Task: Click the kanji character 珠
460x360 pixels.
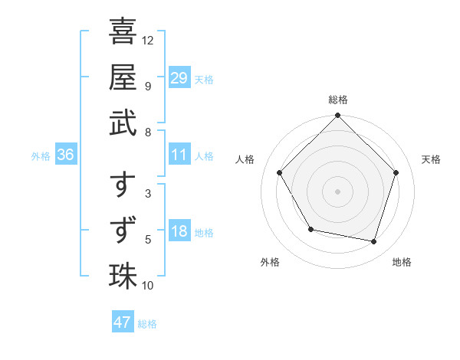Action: tap(123, 276)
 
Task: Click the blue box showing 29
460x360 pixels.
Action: tap(179, 78)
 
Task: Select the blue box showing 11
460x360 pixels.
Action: tap(179, 155)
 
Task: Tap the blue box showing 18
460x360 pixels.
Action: tap(179, 231)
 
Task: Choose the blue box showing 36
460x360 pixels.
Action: tap(66, 155)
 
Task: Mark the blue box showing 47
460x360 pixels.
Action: tap(123, 322)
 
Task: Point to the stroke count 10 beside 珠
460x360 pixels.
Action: tap(148, 286)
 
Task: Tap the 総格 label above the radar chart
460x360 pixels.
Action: tap(337, 100)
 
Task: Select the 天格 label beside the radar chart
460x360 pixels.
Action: tap(432, 159)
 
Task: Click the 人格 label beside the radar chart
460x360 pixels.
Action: tap(245, 159)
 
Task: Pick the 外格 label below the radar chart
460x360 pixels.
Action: tap(270, 262)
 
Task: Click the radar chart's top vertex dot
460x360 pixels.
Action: tap(337, 116)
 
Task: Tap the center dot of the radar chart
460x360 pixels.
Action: tap(337, 191)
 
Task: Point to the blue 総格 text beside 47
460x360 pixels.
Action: tap(147, 324)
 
